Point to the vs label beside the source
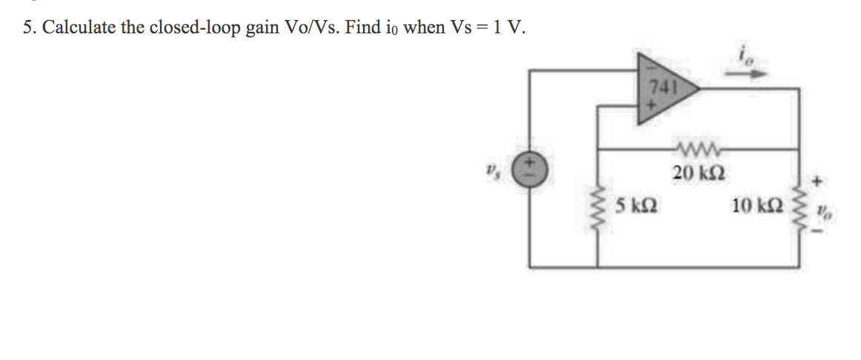coord(492,170)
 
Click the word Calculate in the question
coord(80,28)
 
